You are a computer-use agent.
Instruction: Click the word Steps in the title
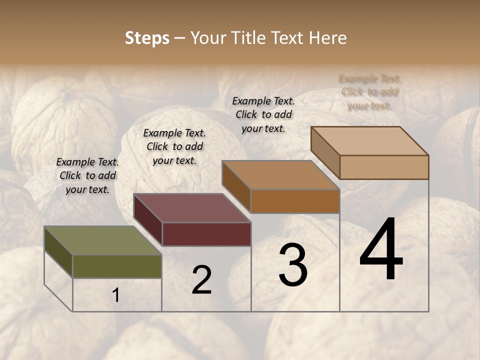point(146,38)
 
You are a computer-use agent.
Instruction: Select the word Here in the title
point(328,38)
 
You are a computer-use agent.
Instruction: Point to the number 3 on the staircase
point(293,266)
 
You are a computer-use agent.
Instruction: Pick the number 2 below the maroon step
point(201,279)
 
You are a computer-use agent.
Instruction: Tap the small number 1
point(116,295)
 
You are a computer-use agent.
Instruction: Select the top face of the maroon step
point(191,208)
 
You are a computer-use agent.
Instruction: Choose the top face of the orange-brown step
point(280,175)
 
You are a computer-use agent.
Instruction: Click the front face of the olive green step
point(117,266)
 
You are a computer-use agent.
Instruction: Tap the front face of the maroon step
point(206,234)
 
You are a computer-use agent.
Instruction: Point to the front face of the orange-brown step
point(295,201)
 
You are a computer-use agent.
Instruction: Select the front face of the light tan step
point(384,167)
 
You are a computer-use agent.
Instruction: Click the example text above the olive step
point(87,175)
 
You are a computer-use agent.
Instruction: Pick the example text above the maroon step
point(174,146)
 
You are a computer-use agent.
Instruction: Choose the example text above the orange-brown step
point(263,114)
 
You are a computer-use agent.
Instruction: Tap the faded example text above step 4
point(369,92)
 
